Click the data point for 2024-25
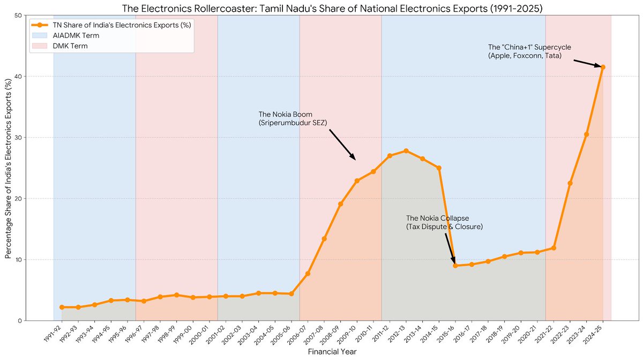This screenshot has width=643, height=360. click(x=603, y=67)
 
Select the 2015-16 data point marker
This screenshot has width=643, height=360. click(x=455, y=266)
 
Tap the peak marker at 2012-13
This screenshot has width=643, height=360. click(x=406, y=151)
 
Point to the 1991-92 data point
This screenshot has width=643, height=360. click(x=62, y=307)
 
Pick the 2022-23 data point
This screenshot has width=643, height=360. click(x=570, y=183)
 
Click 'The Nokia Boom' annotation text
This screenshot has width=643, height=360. click(x=285, y=115)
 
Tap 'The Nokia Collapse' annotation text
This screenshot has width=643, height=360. click(x=437, y=219)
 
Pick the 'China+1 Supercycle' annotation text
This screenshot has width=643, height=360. click(x=522, y=48)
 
